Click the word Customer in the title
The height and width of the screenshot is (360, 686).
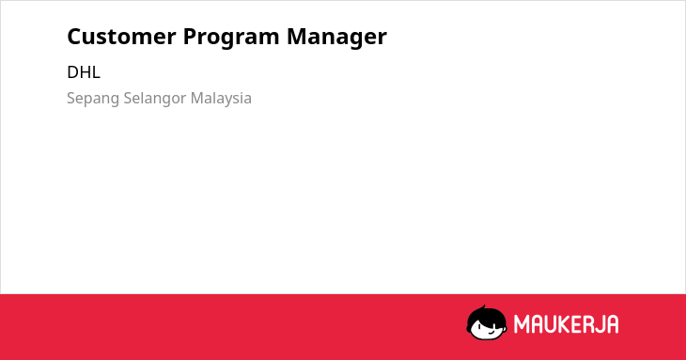(121, 37)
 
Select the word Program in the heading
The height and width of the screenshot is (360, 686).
(231, 38)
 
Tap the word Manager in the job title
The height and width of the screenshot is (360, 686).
(336, 38)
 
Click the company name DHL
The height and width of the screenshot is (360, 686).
(84, 72)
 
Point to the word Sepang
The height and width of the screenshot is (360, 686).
(93, 99)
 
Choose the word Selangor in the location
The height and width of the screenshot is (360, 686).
(155, 99)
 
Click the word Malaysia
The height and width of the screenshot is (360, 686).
(221, 99)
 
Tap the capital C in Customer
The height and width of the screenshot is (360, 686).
(75, 37)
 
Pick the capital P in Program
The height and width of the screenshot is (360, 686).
(191, 37)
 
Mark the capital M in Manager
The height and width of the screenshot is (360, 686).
(297, 37)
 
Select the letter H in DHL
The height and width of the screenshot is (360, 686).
(85, 72)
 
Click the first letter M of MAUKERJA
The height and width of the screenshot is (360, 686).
(522, 324)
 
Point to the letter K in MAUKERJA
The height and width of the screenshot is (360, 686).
(566, 324)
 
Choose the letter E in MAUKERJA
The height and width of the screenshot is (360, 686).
(578, 324)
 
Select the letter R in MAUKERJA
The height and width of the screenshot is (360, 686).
(589, 324)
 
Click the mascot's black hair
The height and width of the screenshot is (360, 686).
(486, 317)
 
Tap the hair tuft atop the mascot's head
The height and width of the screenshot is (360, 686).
(484, 307)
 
